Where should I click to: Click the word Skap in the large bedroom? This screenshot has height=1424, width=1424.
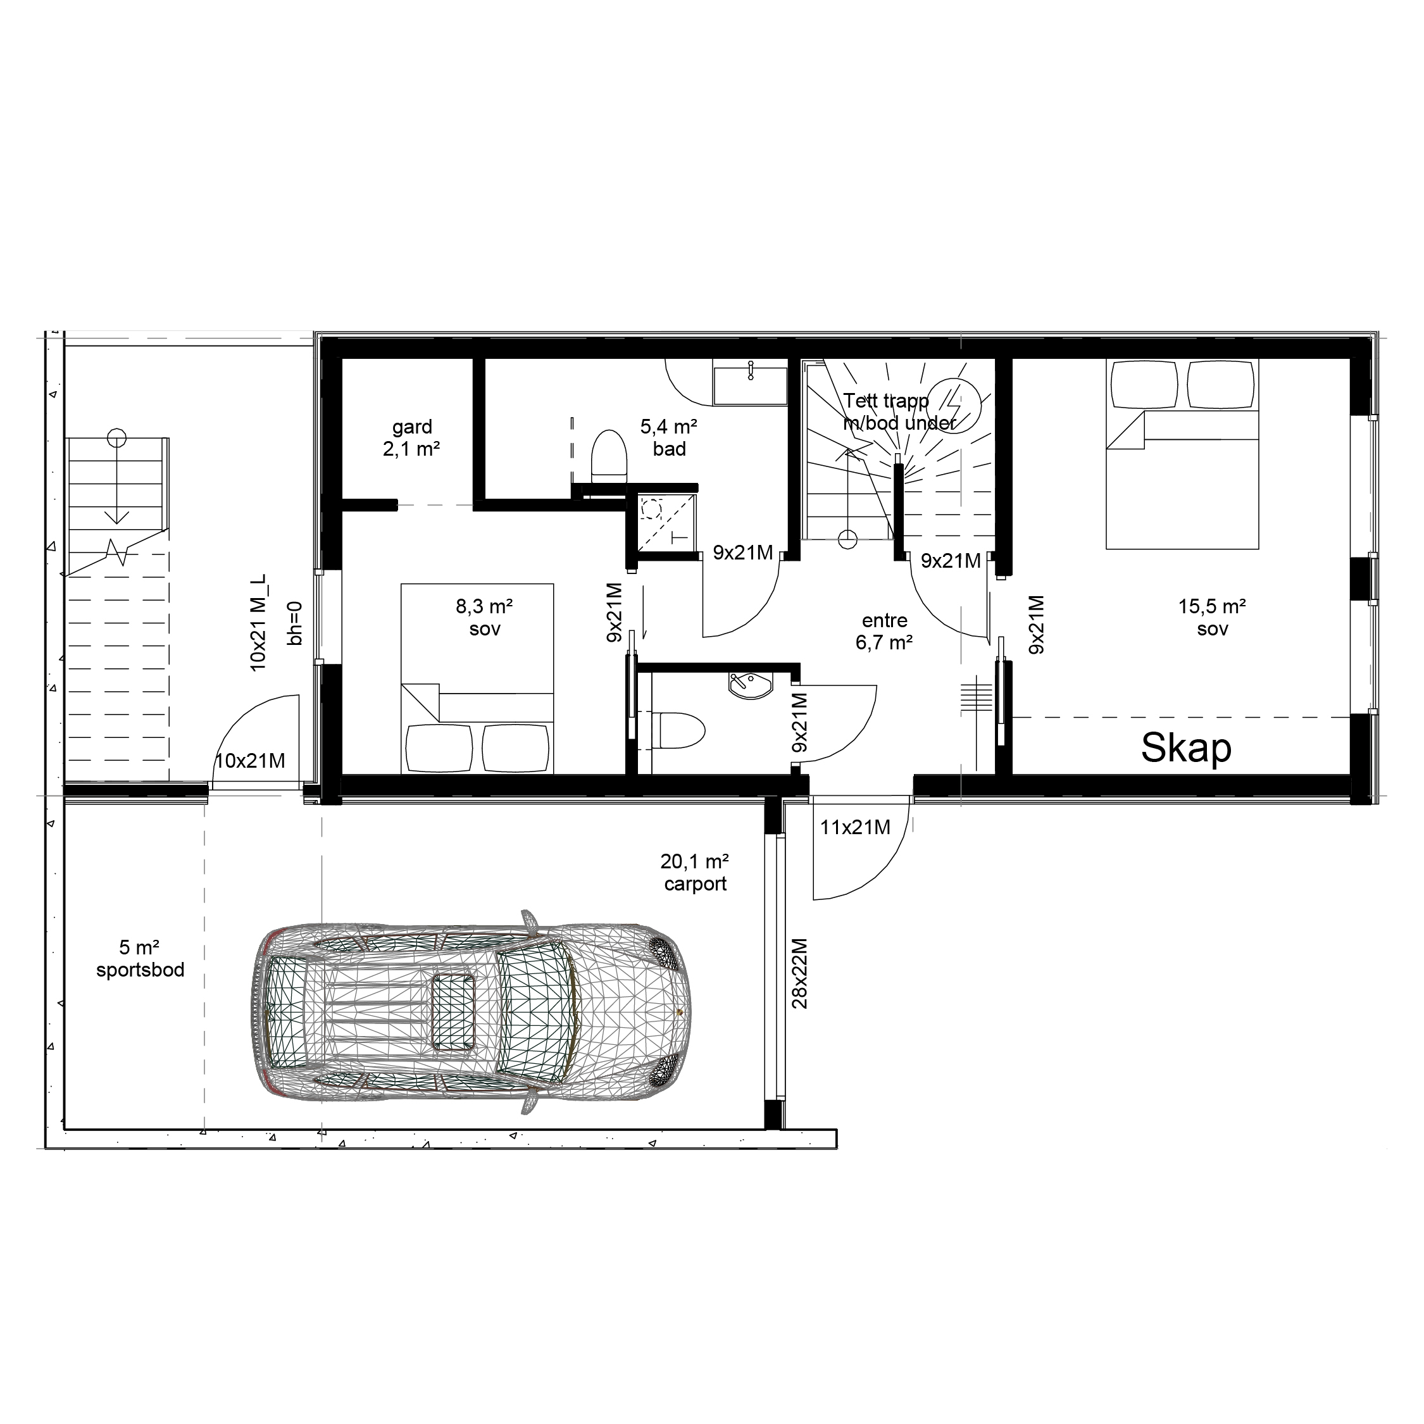coord(1186,748)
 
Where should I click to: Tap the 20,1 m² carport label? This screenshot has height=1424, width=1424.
coord(694,873)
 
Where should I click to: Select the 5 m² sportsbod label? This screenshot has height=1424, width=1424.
coord(140,959)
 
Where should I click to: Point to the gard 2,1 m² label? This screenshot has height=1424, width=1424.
coord(412,437)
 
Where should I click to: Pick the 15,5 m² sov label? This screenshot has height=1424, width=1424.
coord(1213,618)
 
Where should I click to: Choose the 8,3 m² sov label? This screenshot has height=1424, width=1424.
coord(484,618)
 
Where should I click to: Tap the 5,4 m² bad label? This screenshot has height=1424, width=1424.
coord(668,437)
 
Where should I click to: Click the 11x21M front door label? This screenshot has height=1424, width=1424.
coord(855,828)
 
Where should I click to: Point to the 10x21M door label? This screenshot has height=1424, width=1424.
coord(250,761)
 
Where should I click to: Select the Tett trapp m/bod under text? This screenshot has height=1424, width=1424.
coord(899,411)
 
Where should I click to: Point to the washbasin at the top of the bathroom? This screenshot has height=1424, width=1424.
coord(749,382)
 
